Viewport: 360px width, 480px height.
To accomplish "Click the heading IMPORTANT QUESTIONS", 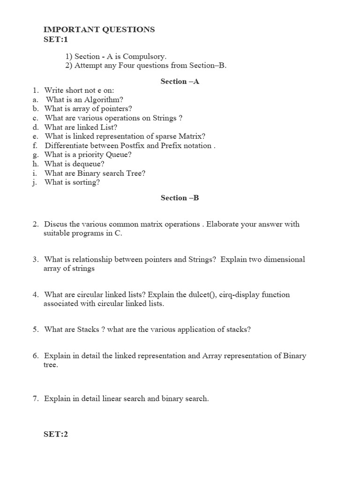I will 99,30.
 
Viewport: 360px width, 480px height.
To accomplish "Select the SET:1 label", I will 56,39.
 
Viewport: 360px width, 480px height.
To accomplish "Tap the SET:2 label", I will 56,434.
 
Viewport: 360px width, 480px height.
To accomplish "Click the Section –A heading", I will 180,82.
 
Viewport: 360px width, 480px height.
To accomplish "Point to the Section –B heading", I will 180,198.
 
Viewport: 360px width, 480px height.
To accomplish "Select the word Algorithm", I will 103,99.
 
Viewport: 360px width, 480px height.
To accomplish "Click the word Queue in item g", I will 120,155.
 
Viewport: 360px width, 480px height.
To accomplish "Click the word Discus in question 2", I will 55,224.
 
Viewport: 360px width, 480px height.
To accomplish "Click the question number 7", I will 35,399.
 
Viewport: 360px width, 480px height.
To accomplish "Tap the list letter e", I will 35,136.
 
